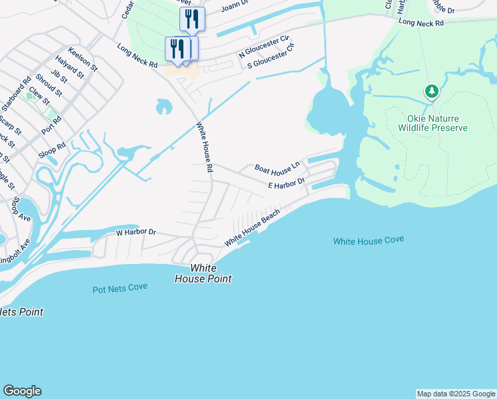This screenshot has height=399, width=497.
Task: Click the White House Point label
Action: tap(203, 273)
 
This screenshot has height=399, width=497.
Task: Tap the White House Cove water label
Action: tap(368, 241)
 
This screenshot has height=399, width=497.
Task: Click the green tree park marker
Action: tap(432, 91)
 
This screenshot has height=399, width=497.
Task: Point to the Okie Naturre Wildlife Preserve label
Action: tap(433, 122)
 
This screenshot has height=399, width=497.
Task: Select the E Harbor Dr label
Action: tap(286, 183)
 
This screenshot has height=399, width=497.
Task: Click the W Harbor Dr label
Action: tap(136, 233)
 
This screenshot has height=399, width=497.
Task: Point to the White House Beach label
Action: tap(252, 228)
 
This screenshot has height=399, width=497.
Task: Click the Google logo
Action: tap(22, 391)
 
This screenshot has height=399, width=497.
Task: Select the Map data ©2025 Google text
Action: tap(456, 394)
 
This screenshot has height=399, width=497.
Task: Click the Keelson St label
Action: tap(82, 59)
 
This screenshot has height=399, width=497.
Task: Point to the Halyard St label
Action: tap(70, 67)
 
